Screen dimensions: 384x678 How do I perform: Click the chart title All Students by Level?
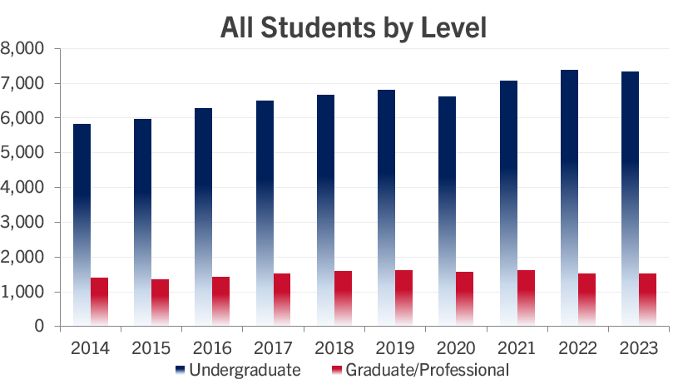coord(353,27)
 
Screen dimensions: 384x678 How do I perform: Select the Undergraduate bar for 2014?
coord(82,224)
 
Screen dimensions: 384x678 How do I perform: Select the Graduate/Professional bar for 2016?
coord(221,301)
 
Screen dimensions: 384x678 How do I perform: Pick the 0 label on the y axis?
coord(39,327)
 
